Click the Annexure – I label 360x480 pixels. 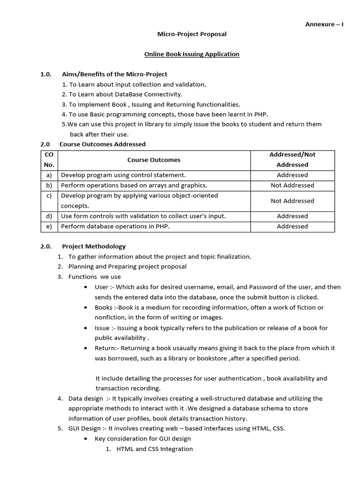point(325,24)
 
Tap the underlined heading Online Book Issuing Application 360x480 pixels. point(191,54)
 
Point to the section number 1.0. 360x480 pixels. point(45,74)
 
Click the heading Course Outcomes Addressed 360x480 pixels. point(102,144)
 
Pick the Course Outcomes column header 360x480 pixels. point(154,160)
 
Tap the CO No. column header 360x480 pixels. point(49,160)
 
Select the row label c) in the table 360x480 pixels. point(49,196)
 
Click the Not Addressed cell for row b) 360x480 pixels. point(292,185)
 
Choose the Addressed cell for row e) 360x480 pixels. point(292,226)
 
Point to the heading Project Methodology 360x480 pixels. point(94,246)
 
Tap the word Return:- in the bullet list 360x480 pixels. point(105,348)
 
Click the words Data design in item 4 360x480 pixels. point(85,398)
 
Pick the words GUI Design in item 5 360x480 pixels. point(84,429)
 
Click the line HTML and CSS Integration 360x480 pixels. point(154,449)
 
